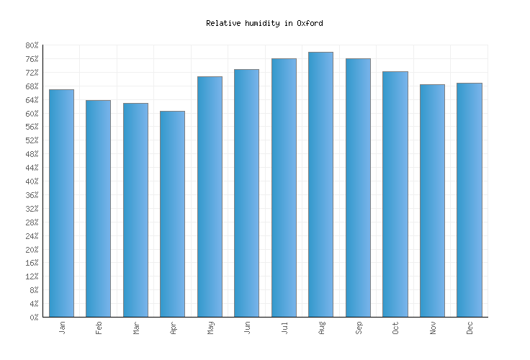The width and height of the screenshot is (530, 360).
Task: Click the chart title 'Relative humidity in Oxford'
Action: pyautogui.click(x=264, y=23)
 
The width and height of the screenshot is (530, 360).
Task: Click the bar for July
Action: pyautogui.click(x=284, y=187)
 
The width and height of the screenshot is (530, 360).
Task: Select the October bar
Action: pyautogui.click(x=395, y=194)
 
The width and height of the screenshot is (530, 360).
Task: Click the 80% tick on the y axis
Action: pyautogui.click(x=32, y=45)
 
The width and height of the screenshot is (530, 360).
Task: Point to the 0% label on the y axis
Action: pyautogui.click(x=34, y=318)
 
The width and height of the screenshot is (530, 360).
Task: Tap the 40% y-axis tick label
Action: pyautogui.click(x=32, y=181)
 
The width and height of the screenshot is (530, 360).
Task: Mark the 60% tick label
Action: pyautogui.click(x=32, y=114)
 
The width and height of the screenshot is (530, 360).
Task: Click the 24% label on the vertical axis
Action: pyautogui.click(x=32, y=236)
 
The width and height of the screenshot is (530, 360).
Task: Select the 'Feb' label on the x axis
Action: pyautogui.click(x=99, y=328)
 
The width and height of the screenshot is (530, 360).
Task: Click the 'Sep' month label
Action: pyautogui.click(x=358, y=328)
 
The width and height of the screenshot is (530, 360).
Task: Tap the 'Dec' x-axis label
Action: pyautogui.click(x=470, y=328)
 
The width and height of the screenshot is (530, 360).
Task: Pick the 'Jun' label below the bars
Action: pyautogui.click(x=247, y=328)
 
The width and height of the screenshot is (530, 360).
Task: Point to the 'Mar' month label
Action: pyautogui.click(x=135, y=328)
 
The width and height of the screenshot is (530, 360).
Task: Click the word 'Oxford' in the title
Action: pyautogui.click(x=310, y=23)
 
